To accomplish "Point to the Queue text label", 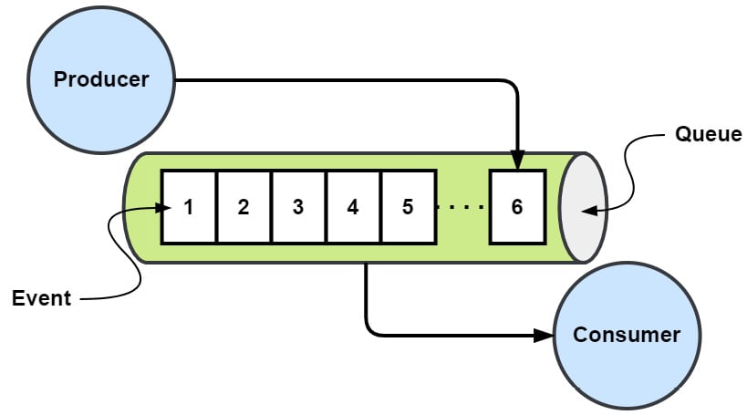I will pos(708,135).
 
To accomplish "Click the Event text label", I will pos(41,298).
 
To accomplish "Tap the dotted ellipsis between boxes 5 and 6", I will pos(461,207).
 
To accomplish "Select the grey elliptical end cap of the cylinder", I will pos(583,208).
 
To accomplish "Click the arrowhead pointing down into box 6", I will pos(517,161).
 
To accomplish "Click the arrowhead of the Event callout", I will pos(164,207).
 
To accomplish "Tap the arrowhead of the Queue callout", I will pos(589,211).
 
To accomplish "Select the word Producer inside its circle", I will pos(100,79).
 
